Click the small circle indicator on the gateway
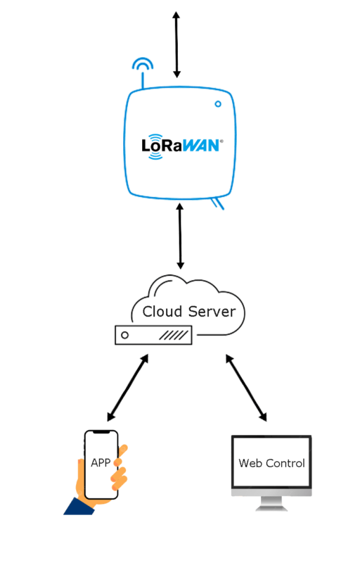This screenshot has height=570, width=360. coord(218,104)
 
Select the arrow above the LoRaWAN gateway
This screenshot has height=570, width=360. coord(176,44)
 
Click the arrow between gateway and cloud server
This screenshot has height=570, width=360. coord(180,236)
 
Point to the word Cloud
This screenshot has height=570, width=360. coord(162,312)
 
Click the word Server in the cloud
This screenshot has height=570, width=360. coord(212,312)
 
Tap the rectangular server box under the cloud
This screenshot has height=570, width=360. coord(153,335)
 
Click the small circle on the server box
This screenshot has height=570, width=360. coord(124,335)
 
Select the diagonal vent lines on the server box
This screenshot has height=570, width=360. coord(174,335)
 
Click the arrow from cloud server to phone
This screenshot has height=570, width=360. coord(128,388)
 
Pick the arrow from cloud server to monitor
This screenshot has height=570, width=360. coord(246,388)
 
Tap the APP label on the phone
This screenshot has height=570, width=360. coord(101,463)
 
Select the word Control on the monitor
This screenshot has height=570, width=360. coord(285,463)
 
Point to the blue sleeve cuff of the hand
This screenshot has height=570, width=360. coord(80,507)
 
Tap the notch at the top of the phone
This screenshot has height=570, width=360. coord(101,432)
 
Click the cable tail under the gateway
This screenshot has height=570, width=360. coord(217,203)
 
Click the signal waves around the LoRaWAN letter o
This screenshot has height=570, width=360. coord(156,146)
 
